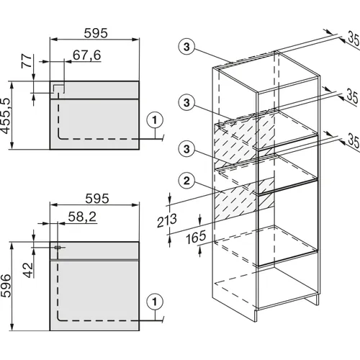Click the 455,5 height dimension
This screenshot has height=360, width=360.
click(6, 116)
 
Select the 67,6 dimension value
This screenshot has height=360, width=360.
click(87, 55)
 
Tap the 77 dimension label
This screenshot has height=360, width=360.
click(27, 61)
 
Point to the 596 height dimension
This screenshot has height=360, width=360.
click(6, 286)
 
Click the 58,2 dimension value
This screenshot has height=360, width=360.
click(82, 217)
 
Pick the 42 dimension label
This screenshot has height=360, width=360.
click(28, 270)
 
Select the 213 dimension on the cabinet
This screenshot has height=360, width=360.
click(167, 220)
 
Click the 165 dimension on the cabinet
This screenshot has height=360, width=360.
click(196, 237)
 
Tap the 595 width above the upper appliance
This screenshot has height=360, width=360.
click(96, 33)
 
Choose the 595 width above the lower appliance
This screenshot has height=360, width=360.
click(97, 199)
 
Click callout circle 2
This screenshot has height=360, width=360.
click(186, 181)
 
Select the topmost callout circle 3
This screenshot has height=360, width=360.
click(186, 47)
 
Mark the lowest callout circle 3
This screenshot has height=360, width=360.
click(186, 149)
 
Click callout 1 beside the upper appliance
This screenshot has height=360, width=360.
click(155, 120)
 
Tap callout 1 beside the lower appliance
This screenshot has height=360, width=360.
click(155, 302)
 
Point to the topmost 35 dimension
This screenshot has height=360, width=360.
click(354, 39)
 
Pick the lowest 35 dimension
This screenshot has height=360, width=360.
click(354, 141)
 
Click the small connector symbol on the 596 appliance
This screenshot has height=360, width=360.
click(58, 247)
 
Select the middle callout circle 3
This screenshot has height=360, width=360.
click(186, 103)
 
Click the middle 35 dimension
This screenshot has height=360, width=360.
click(353, 96)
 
